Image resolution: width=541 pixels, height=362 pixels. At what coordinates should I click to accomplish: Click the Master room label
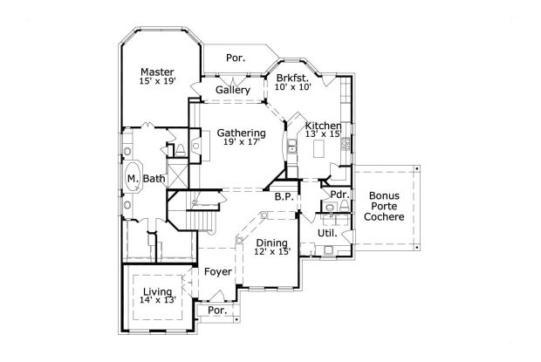point(157,72)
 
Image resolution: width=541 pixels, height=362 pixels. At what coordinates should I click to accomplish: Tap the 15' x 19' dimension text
point(158,81)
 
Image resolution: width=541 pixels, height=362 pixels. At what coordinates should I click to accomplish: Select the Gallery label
point(233,91)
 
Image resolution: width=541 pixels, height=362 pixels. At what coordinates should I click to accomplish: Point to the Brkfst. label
point(292,78)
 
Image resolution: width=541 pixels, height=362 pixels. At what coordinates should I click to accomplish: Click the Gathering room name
point(241,133)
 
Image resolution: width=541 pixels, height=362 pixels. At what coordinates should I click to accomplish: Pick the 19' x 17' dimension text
point(242,141)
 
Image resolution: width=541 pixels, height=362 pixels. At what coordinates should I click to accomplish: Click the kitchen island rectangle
point(318,148)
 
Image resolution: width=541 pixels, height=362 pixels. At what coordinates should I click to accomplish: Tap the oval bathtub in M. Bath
point(134,176)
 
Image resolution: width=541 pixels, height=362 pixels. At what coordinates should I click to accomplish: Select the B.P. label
point(284,197)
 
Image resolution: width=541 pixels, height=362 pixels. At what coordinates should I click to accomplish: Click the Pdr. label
point(339,195)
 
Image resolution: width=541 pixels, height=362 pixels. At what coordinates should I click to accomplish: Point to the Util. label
point(327,234)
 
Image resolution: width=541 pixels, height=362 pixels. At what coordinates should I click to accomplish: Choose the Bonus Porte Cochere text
point(384,206)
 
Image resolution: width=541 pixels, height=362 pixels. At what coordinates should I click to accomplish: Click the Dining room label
point(272,243)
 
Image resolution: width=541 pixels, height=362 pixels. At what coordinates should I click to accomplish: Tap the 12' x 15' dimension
point(272,252)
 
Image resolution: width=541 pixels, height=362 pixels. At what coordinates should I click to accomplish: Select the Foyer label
point(218,272)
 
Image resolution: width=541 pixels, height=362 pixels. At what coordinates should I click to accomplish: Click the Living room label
point(158,292)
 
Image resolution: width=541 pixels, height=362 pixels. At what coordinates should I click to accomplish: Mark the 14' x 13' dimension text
point(158,300)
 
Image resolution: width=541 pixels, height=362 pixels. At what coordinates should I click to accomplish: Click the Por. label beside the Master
point(236,58)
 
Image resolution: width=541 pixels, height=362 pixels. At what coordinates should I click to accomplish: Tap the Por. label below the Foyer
point(217,311)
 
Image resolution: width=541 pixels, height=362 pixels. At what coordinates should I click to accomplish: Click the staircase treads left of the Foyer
point(202,219)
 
